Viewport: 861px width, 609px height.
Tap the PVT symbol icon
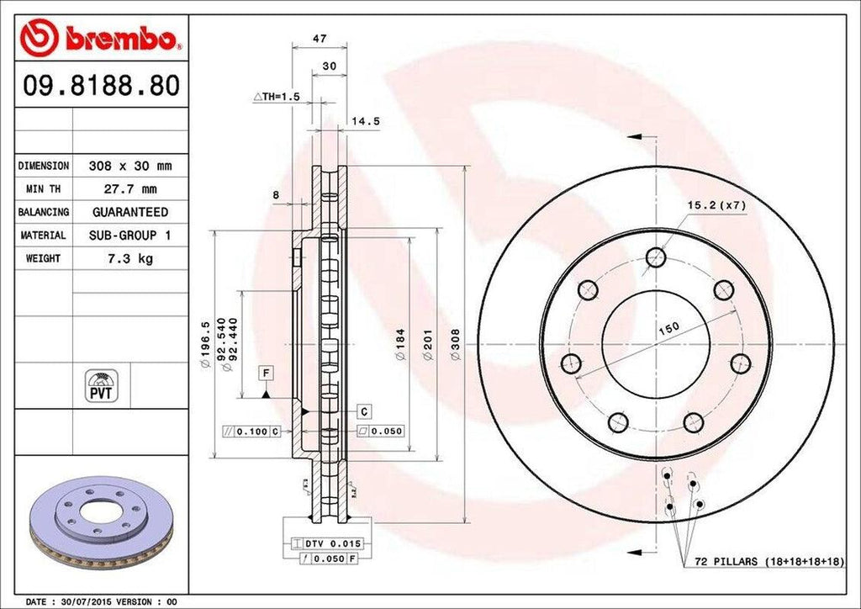[x=101, y=385]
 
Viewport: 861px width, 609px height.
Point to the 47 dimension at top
[x=319, y=39]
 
